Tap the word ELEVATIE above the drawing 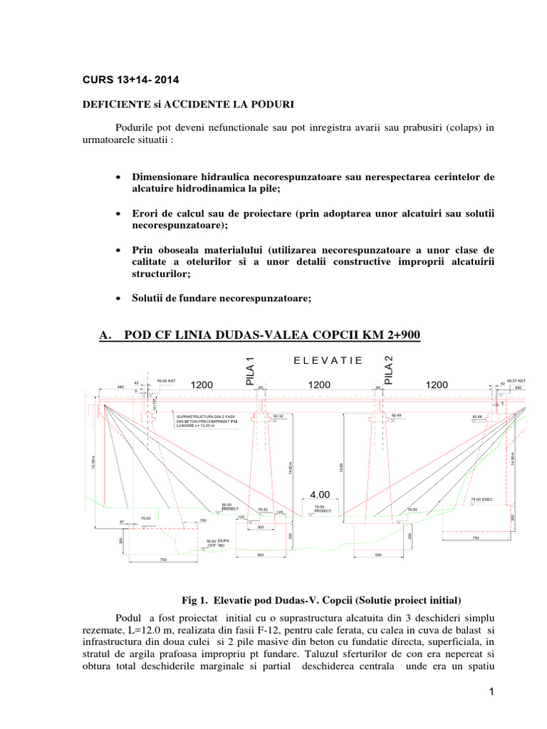(328, 360)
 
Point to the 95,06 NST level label (166, 381)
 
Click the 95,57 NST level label (516, 381)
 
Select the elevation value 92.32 (278, 415)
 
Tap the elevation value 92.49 (397, 415)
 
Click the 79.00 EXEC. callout (482, 500)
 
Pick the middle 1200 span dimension (319, 384)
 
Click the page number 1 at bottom (491, 692)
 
